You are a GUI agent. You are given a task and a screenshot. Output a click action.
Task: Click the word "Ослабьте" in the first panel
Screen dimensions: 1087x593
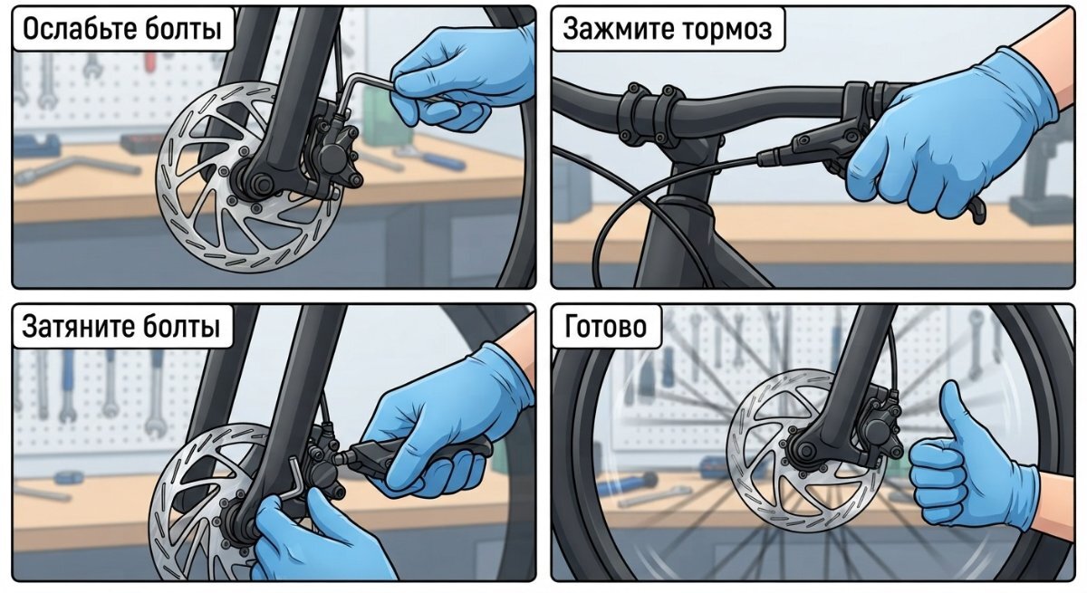[x=72, y=29]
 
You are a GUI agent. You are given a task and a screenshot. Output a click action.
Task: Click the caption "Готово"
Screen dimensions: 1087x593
[x=606, y=326]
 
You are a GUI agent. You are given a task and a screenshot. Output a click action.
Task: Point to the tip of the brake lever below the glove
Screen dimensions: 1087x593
[x=981, y=219]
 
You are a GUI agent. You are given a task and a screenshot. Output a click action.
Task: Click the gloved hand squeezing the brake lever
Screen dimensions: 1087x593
[x=951, y=136]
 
